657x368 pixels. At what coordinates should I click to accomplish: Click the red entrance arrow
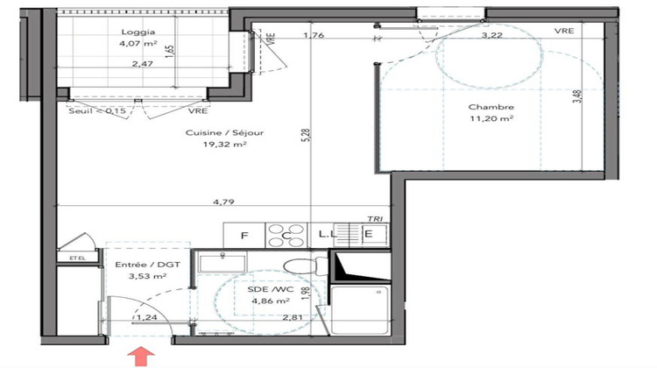click(x=138, y=356)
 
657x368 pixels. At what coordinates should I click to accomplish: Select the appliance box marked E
click(x=369, y=235)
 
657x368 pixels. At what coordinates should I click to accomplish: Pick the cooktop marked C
click(x=286, y=235)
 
